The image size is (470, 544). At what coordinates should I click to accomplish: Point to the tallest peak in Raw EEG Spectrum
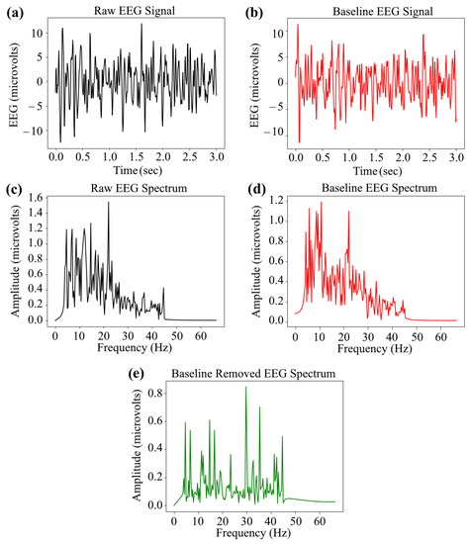(109, 203)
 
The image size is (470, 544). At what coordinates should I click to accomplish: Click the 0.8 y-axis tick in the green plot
(160, 392)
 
